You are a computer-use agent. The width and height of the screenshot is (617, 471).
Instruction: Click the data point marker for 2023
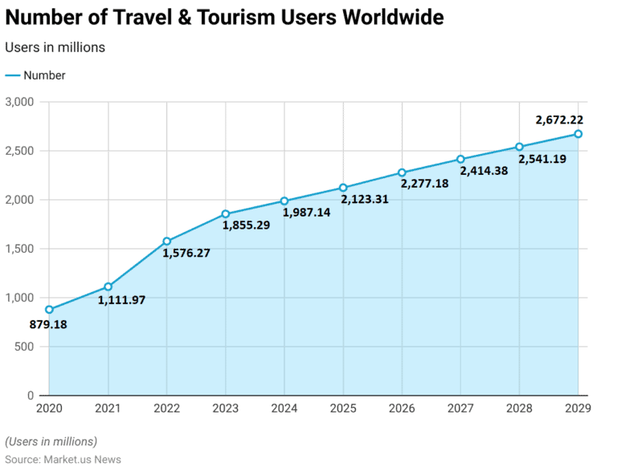tap(226, 214)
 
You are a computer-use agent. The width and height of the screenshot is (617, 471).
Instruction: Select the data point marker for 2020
tap(49, 310)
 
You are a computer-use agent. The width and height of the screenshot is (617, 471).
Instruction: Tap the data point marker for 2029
tap(578, 134)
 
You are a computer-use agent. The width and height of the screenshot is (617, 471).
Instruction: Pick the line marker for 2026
tap(402, 173)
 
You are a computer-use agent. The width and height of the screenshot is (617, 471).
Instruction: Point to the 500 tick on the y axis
tap(24, 347)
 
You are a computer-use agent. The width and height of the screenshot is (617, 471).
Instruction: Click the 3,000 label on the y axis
tap(19, 102)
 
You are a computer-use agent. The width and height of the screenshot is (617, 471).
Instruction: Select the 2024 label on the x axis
tap(284, 409)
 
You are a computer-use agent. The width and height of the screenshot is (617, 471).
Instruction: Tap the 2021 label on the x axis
tap(108, 409)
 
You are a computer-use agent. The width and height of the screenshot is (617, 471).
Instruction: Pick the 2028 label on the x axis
tap(519, 409)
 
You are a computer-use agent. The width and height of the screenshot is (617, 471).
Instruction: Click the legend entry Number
tap(44, 75)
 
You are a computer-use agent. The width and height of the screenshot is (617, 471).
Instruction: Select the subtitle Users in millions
tap(55, 47)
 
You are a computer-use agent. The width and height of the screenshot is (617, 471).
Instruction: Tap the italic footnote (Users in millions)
tap(51, 441)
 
